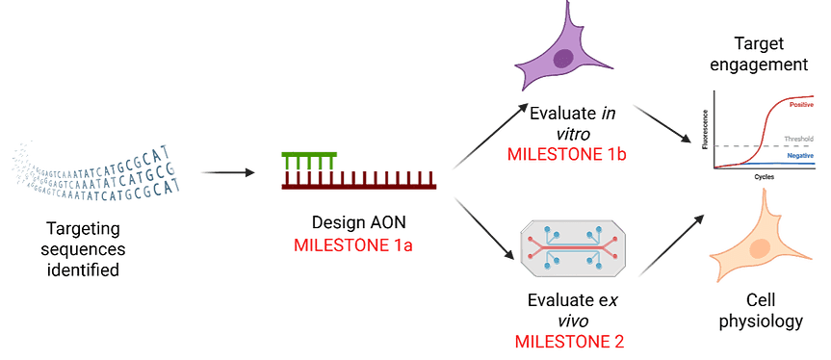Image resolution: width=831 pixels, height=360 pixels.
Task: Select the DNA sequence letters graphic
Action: click(x=91, y=168)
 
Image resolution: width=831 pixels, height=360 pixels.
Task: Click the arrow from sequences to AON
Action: click(x=227, y=173)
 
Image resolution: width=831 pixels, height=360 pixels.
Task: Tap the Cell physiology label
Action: click(x=761, y=311)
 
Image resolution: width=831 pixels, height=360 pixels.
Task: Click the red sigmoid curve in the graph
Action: click(x=766, y=135)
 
